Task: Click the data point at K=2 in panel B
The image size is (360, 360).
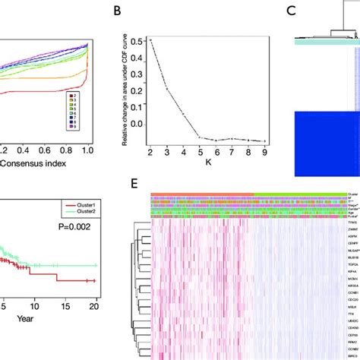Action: point(172,39)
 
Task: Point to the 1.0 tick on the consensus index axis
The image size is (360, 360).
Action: point(90,152)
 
